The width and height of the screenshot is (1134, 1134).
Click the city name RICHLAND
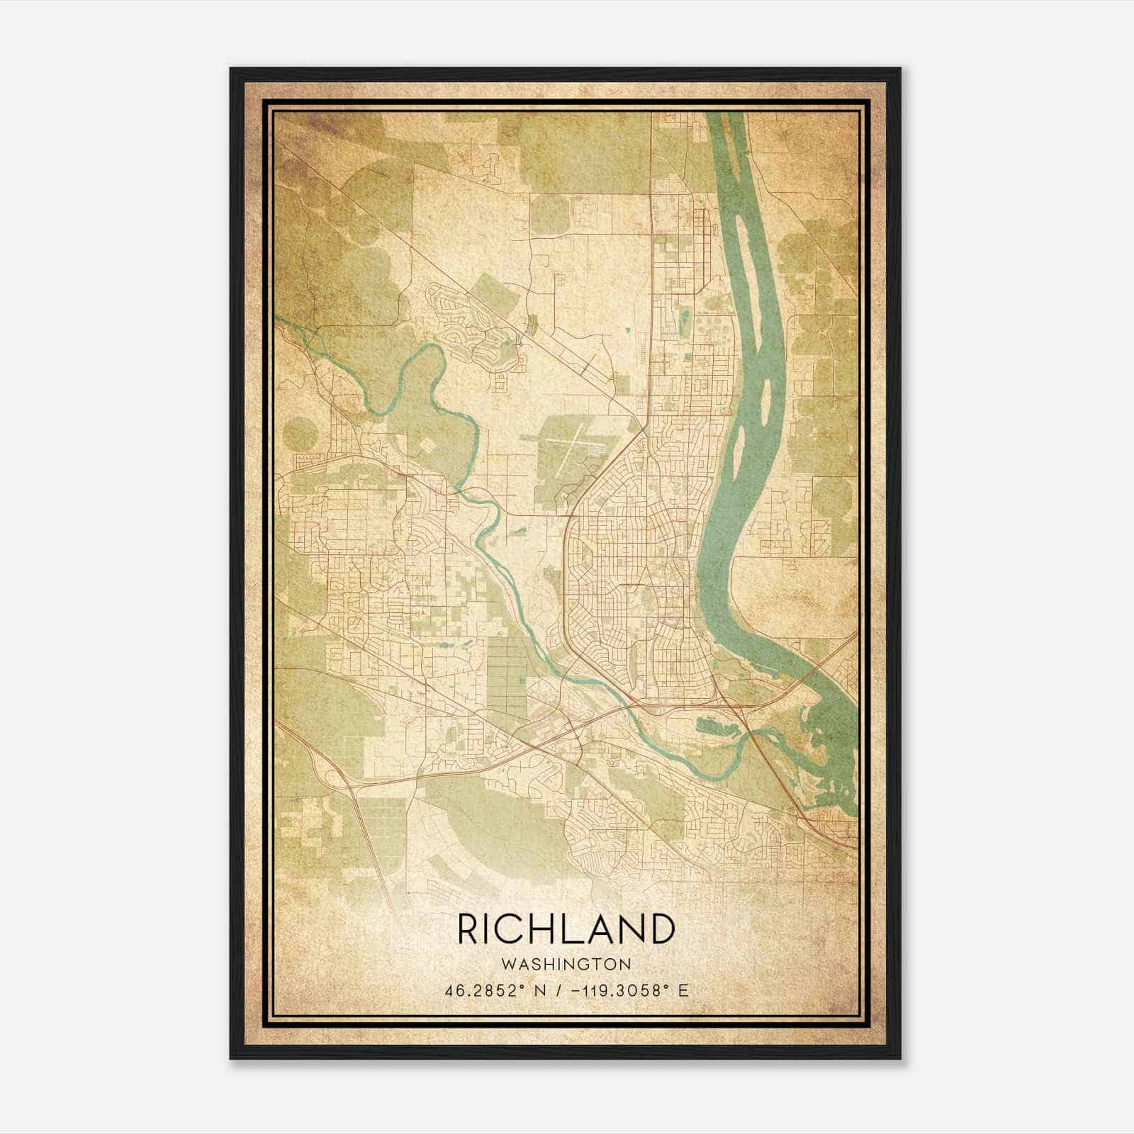[x=566, y=929]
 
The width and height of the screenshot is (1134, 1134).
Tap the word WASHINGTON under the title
[x=566, y=965]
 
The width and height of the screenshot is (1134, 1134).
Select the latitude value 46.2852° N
[x=495, y=991]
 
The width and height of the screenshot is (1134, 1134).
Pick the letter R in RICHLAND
[x=468, y=929]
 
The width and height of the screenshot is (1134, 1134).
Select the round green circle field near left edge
[x=298, y=434]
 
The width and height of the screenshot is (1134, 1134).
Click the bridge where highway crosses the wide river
[x=815, y=674]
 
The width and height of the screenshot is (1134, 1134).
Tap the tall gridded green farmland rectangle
[x=507, y=673]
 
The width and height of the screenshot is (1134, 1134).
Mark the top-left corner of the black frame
[x=231, y=69]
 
